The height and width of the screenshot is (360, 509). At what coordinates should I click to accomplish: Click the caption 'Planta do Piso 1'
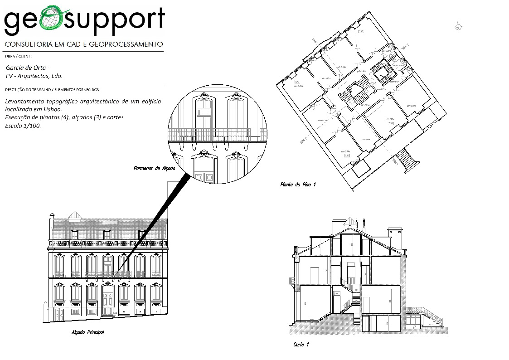tap(298, 185)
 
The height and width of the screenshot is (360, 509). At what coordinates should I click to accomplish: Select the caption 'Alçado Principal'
tap(88, 332)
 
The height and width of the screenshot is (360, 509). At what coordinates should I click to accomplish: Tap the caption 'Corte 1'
tap(301, 345)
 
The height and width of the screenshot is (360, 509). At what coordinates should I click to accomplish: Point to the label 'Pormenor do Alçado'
tap(154, 168)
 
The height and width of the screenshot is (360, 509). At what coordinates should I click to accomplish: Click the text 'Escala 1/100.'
tap(23, 126)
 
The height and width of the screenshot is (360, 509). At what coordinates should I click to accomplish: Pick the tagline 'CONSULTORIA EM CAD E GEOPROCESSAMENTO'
tap(83, 44)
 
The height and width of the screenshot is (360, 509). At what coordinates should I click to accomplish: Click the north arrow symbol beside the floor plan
tap(459, 26)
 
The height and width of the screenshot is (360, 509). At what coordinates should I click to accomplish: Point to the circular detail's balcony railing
tap(209, 135)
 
